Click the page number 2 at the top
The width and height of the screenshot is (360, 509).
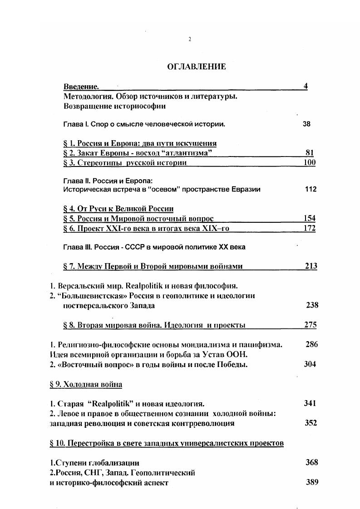tap(190, 39)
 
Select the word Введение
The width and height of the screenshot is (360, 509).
tap(81, 87)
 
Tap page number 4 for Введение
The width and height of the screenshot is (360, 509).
tap(306, 86)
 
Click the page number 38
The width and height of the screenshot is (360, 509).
tap(306, 123)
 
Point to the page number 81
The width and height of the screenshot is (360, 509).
tap(310, 153)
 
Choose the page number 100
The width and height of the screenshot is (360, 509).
tap(310, 162)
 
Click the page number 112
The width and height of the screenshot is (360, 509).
tap(311, 189)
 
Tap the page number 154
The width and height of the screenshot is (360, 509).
tap(310, 218)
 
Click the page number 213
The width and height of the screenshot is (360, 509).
tap(311, 266)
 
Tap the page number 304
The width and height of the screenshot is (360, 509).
tap(310, 364)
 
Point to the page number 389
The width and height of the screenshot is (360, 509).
tap(312, 482)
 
